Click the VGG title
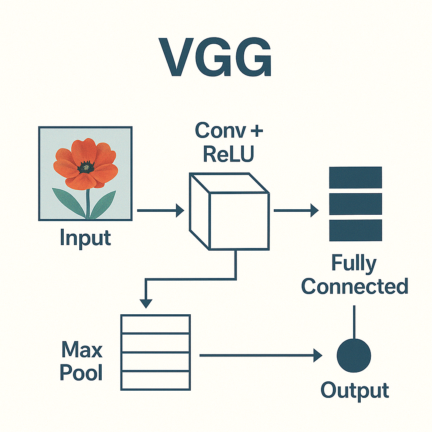(x=215, y=57)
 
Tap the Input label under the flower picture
(x=85, y=238)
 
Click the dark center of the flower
(x=86, y=167)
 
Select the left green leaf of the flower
(x=69, y=202)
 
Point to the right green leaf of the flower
(x=103, y=204)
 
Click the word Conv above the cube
(x=220, y=130)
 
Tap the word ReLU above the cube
(x=228, y=154)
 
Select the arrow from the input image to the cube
(x=161, y=211)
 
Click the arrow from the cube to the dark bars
(x=296, y=211)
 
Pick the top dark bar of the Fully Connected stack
(x=355, y=178)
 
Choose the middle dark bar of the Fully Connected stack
(x=355, y=204)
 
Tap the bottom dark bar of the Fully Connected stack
(x=355, y=230)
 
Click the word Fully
(x=354, y=264)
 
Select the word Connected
(x=354, y=286)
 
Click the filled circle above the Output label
(x=354, y=355)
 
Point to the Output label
(x=355, y=391)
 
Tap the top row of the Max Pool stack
(x=156, y=324)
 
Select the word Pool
(x=81, y=373)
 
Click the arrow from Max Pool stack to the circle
(x=261, y=355)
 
